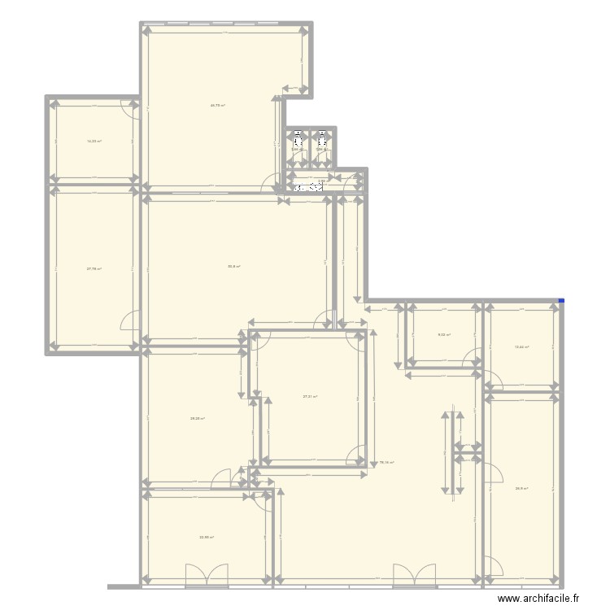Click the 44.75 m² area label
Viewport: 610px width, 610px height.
pos(217,105)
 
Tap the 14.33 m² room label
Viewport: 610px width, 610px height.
pos(94,142)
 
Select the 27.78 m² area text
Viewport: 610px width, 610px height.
pos(94,269)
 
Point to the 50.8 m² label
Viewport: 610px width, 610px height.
pos(233,266)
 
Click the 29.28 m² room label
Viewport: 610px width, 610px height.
pos(197,419)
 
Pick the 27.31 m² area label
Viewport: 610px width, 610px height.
pos(310,397)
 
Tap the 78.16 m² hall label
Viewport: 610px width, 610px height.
pos(386,463)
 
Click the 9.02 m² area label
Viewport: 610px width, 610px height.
pos(444,334)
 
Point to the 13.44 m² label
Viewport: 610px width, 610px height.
pos(521,347)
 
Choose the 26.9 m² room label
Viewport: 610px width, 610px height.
pos(521,489)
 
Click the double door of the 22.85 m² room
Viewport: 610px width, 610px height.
pos(207,574)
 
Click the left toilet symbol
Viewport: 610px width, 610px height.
pos(298,137)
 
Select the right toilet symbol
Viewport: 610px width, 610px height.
pos(323,137)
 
